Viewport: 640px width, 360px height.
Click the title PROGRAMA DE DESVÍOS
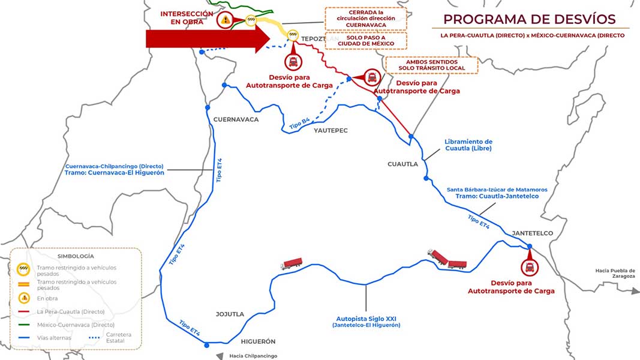(530, 19)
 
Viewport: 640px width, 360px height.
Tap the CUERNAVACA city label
(236, 119)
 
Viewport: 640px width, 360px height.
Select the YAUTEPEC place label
(330, 131)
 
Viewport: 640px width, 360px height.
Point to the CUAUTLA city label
(402, 164)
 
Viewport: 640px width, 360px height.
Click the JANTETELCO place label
(532, 233)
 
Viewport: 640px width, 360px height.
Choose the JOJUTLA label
(230, 314)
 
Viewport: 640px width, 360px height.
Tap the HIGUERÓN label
(258, 341)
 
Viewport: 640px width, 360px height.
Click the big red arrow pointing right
(208, 39)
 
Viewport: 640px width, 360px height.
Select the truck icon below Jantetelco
(530, 268)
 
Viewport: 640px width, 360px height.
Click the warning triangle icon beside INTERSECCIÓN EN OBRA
(225, 20)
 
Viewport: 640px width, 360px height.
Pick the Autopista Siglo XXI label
(366, 319)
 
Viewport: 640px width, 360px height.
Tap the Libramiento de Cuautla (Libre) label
(468, 145)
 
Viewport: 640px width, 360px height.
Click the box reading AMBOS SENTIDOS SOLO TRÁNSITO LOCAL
(432, 65)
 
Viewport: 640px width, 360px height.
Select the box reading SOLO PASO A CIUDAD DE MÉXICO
(366, 40)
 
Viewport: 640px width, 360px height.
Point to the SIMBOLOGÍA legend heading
(76, 256)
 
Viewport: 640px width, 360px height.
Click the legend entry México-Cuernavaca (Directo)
(76, 325)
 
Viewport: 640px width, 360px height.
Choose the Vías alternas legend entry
(54, 338)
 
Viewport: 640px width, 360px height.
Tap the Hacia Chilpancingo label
(253, 356)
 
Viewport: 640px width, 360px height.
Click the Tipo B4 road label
(300, 123)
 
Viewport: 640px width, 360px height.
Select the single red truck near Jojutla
(292, 263)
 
